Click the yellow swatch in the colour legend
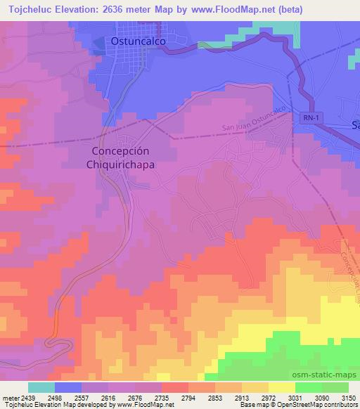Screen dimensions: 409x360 point(281,387)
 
